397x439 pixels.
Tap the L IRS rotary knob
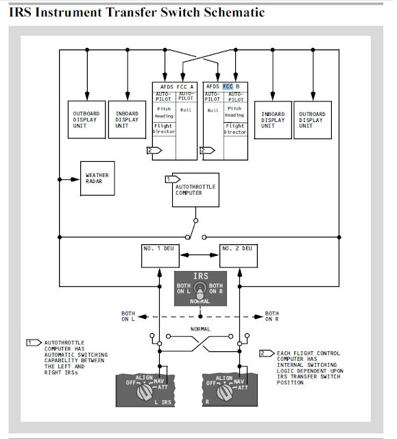[145, 391]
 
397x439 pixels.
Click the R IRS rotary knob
[225, 392]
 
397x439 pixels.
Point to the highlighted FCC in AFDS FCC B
[228, 86]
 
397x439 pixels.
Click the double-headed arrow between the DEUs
[200, 255]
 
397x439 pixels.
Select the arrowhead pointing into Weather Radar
[75, 179]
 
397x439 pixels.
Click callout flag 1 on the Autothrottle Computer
[173, 179]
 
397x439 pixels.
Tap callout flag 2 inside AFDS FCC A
[154, 150]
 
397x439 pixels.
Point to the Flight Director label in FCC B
[235, 129]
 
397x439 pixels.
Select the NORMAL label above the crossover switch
[200, 329]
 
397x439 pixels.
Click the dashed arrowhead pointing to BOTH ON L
[143, 317]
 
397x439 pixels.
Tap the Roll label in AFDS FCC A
[186, 110]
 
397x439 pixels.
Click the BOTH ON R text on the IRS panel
[216, 288]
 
